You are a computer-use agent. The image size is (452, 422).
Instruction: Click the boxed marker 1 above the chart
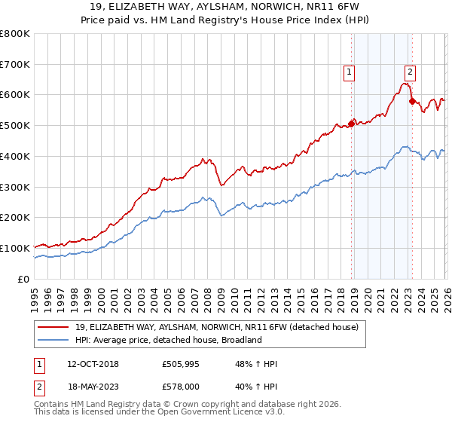(x=350, y=72)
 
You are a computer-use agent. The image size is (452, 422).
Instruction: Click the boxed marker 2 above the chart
(x=410, y=72)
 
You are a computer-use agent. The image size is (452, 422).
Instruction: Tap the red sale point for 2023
(x=411, y=101)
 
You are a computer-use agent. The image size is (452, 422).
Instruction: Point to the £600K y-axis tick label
(x=15, y=95)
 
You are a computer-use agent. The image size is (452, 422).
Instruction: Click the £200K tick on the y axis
(x=15, y=218)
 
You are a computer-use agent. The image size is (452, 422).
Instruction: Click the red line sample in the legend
(x=54, y=327)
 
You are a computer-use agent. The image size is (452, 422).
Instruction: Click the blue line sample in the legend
(x=54, y=340)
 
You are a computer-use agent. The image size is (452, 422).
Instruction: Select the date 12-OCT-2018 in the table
(x=92, y=365)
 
